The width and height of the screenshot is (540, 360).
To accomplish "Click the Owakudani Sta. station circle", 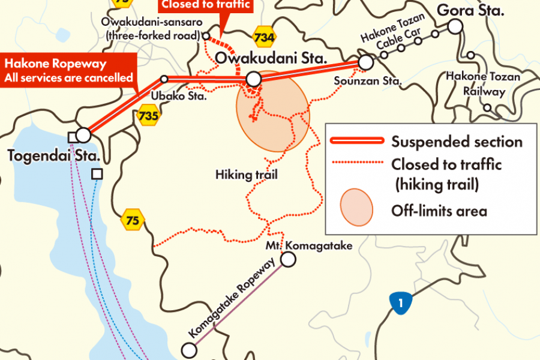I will pos(254,79).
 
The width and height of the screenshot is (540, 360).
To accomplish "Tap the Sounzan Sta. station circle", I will pos(365,62).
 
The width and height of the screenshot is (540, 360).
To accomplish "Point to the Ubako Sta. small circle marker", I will pos(164,79).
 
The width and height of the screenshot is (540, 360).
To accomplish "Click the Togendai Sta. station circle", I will pos(83,134).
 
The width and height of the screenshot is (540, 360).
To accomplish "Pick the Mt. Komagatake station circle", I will pos(289,259).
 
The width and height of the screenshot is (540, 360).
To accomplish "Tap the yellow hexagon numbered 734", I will pos(264,38).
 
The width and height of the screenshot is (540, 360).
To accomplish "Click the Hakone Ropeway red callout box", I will pos(68,70).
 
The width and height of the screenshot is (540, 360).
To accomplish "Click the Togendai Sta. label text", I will pos(53,156).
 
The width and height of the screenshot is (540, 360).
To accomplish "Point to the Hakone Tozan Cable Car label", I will pos(393,33).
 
